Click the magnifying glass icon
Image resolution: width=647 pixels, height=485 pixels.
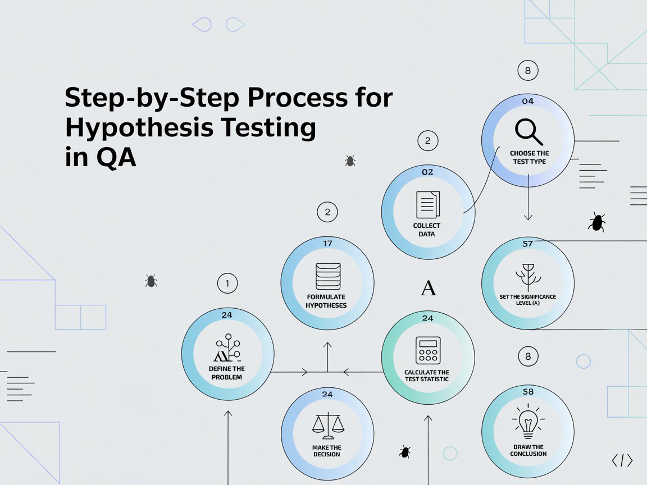(528, 132)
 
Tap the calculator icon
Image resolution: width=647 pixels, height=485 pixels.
(428, 350)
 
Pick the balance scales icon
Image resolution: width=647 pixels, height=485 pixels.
(327, 426)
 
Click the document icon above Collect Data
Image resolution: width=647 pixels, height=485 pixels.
(428, 204)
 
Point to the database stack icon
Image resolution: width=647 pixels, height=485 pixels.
(327, 275)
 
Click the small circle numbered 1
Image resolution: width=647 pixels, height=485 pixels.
(227, 283)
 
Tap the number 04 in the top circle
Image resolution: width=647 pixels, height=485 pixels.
(527, 102)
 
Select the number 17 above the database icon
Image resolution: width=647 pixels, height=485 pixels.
(328, 243)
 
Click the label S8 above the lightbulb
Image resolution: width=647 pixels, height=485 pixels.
(528, 392)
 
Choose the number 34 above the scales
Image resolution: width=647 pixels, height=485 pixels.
(327, 394)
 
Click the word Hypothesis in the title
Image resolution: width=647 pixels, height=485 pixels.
(138, 128)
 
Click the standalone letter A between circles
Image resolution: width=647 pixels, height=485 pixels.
(429, 289)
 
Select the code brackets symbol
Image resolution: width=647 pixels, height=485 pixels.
(622, 461)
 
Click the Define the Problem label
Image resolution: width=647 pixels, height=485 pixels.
(227, 373)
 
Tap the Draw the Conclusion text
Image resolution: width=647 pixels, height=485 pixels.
(528, 450)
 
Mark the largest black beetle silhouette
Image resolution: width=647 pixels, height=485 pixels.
(596, 222)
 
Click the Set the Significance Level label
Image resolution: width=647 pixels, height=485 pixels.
(528, 299)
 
